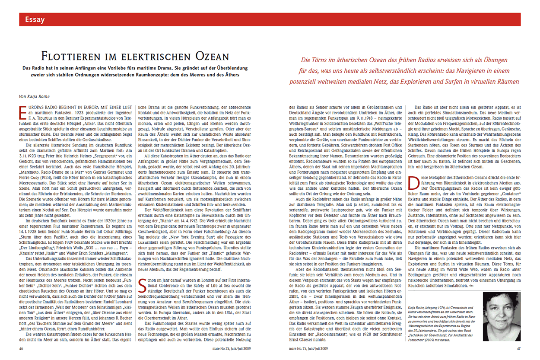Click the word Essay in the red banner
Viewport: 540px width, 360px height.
coord(35,19)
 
